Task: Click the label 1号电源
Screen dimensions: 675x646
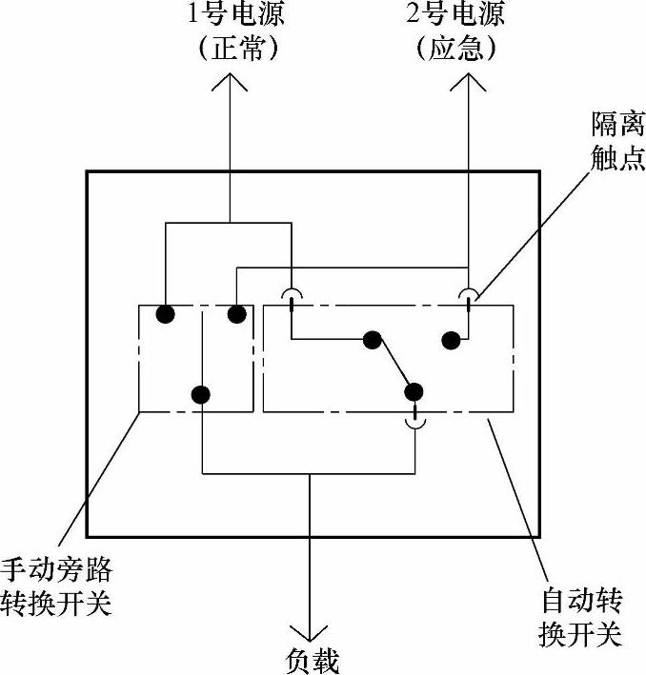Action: pyautogui.click(x=230, y=15)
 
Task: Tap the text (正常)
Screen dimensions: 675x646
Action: pyautogui.click(x=230, y=48)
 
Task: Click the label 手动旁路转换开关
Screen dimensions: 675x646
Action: pyautogui.click(x=57, y=586)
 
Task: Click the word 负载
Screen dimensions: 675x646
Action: pyautogui.click(x=312, y=660)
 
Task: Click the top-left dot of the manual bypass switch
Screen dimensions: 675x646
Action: pyautogui.click(x=166, y=312)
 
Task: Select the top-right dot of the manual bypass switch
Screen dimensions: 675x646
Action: pyautogui.click(x=236, y=312)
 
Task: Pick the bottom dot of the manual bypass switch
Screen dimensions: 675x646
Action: pyautogui.click(x=201, y=392)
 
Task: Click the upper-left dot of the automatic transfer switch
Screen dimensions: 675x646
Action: pyautogui.click(x=372, y=339)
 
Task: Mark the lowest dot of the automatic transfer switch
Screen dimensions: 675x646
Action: pyautogui.click(x=413, y=390)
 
